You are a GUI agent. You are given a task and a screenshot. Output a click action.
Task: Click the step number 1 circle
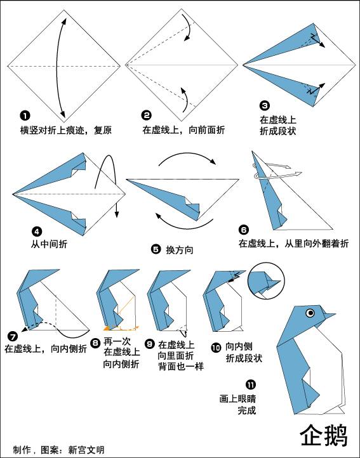point(25,115)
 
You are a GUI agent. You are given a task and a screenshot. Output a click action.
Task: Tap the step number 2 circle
point(147,115)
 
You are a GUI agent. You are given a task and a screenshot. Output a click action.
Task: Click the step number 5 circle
point(156,249)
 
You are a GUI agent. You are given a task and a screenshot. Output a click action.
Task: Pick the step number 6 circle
point(244,230)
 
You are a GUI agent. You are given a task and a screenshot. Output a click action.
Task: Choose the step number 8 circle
point(95,343)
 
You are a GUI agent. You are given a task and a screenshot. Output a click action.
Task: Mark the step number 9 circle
point(150,344)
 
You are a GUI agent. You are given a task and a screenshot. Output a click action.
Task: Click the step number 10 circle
point(216,348)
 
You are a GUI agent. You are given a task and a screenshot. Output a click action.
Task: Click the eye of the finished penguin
point(310,312)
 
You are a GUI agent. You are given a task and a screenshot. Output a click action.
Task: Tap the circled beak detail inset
point(266,279)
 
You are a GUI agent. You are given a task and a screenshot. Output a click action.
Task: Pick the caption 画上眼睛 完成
point(237,405)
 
